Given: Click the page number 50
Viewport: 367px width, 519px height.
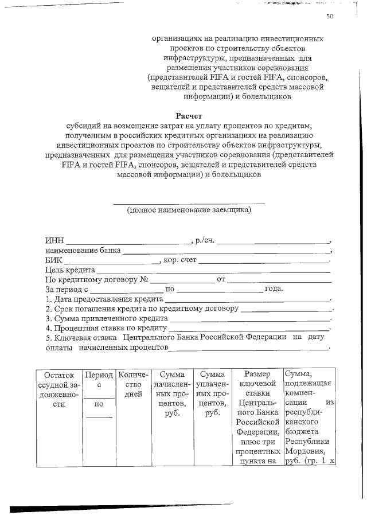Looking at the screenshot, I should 330,17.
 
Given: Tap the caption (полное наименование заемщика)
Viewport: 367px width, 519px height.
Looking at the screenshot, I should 189,210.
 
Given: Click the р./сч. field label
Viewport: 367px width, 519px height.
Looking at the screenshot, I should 205,239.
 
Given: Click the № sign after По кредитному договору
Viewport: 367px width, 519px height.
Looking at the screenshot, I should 145,279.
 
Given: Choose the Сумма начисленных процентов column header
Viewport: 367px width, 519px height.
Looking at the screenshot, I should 172,393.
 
